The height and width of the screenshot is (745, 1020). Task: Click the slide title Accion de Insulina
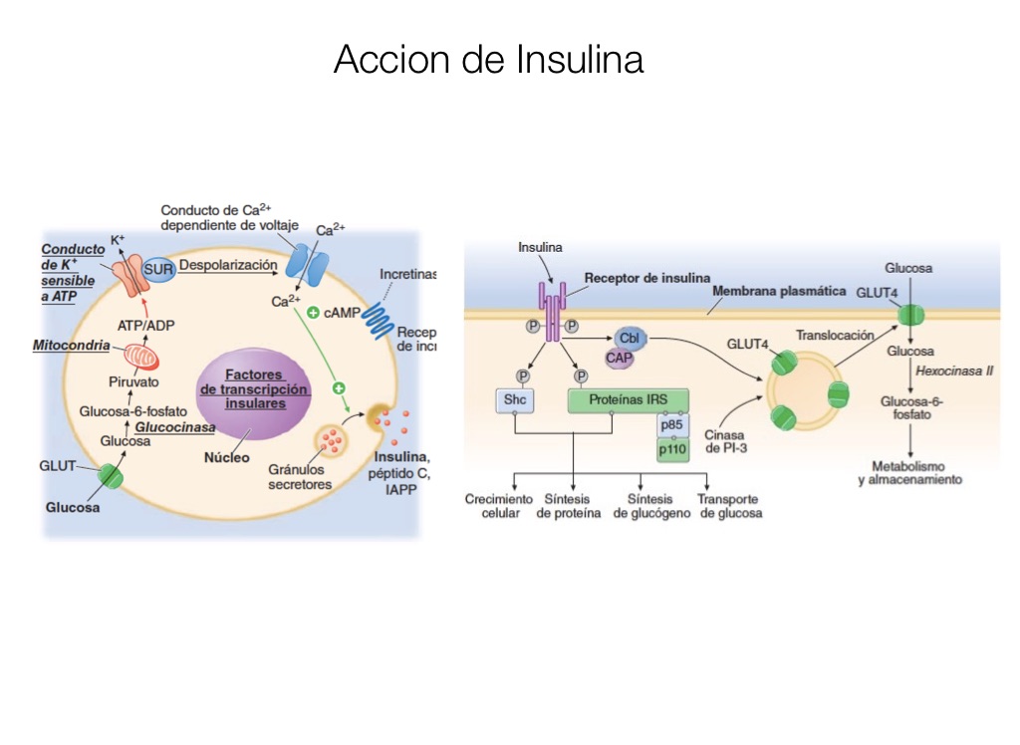tap(488, 59)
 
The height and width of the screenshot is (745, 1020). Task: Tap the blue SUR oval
tap(159, 271)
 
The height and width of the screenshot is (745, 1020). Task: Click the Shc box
tap(514, 400)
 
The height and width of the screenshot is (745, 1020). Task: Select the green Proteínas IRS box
tap(629, 400)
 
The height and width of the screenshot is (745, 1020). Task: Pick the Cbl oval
tap(630, 339)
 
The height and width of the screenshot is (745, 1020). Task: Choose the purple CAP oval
tap(620, 357)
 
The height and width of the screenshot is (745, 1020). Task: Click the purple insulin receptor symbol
tap(552, 304)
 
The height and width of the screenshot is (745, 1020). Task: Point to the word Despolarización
tap(228, 265)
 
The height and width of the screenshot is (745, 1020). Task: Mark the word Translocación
tap(835, 336)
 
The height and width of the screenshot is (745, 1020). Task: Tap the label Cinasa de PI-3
tap(724, 441)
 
